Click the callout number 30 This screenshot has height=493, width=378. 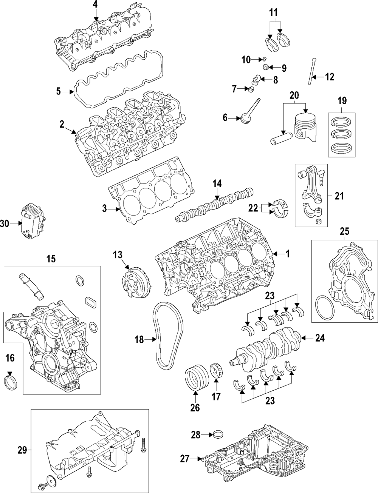(x=5, y=223)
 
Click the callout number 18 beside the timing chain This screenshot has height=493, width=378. (x=139, y=340)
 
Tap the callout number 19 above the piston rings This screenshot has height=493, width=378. (x=342, y=101)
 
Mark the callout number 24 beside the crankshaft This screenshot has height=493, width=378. (x=320, y=339)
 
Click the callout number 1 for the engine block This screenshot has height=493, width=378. (x=287, y=254)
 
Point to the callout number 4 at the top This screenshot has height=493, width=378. (x=95, y=5)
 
